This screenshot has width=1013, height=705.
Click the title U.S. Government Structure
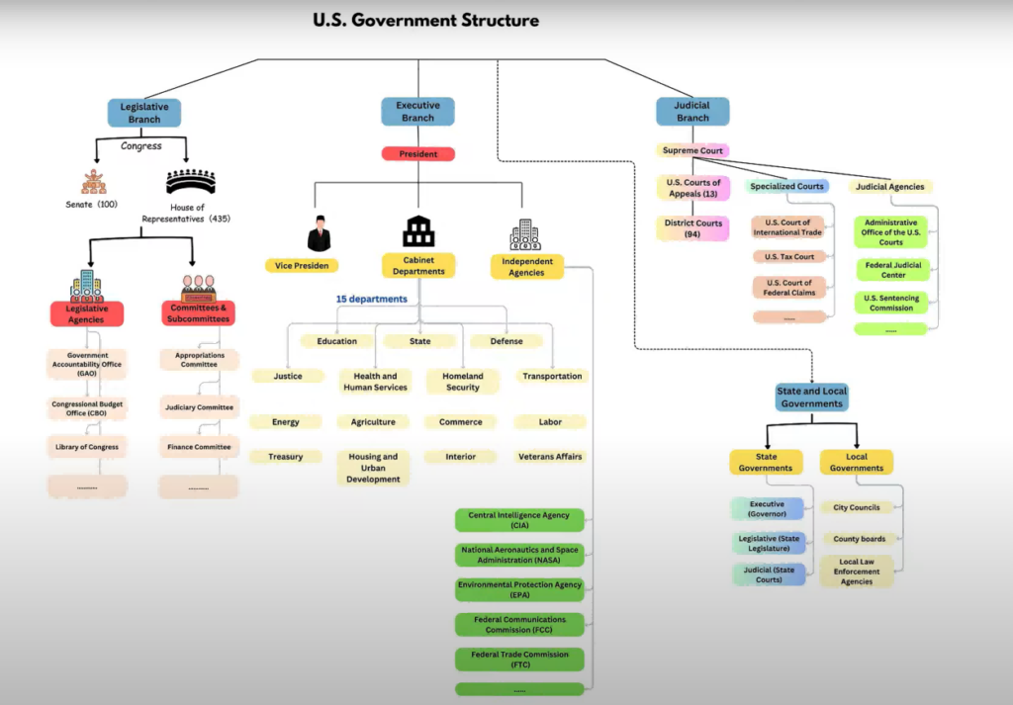(425, 20)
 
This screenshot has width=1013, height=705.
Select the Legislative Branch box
(144, 113)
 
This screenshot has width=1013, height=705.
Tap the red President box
(417, 154)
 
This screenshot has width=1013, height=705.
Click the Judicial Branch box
(692, 112)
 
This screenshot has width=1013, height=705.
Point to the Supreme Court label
(692, 151)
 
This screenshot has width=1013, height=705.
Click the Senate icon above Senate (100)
(94, 182)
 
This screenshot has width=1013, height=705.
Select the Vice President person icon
(319, 234)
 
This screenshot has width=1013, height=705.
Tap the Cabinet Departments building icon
(418, 232)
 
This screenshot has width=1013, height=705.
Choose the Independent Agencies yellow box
(526, 267)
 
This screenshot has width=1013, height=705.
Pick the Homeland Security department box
(463, 382)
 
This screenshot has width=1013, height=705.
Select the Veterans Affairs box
(551, 457)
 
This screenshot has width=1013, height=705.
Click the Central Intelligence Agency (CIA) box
(519, 520)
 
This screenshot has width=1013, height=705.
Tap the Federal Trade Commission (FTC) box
(520, 660)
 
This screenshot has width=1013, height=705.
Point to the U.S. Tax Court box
(789, 257)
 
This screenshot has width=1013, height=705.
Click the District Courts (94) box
(693, 228)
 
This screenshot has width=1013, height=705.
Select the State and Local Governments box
(811, 397)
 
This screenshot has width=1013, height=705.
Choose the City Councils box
(857, 507)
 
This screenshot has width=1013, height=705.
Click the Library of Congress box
(86, 447)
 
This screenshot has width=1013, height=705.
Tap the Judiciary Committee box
(199, 407)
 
